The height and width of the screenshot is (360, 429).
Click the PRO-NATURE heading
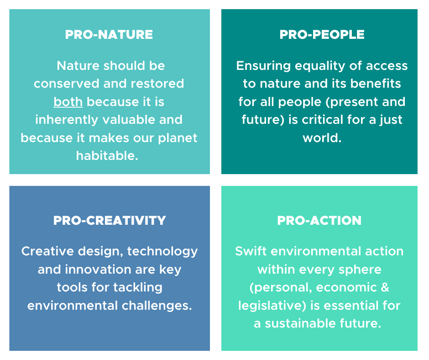click(x=109, y=35)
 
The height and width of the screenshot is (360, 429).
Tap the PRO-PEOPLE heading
click(x=322, y=35)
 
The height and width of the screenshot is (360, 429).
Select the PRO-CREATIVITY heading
click(x=110, y=221)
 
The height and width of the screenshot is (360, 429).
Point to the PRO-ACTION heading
click(x=319, y=221)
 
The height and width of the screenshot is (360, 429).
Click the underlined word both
click(x=68, y=101)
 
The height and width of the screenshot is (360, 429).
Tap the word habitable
click(x=107, y=156)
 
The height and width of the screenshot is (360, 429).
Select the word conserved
click(x=67, y=84)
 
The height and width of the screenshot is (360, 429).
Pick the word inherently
click(x=67, y=120)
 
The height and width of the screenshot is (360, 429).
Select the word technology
click(x=162, y=252)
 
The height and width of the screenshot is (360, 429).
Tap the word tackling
click(x=138, y=288)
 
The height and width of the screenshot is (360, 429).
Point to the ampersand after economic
click(x=385, y=287)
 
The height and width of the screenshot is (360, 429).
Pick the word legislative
click(x=272, y=306)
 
